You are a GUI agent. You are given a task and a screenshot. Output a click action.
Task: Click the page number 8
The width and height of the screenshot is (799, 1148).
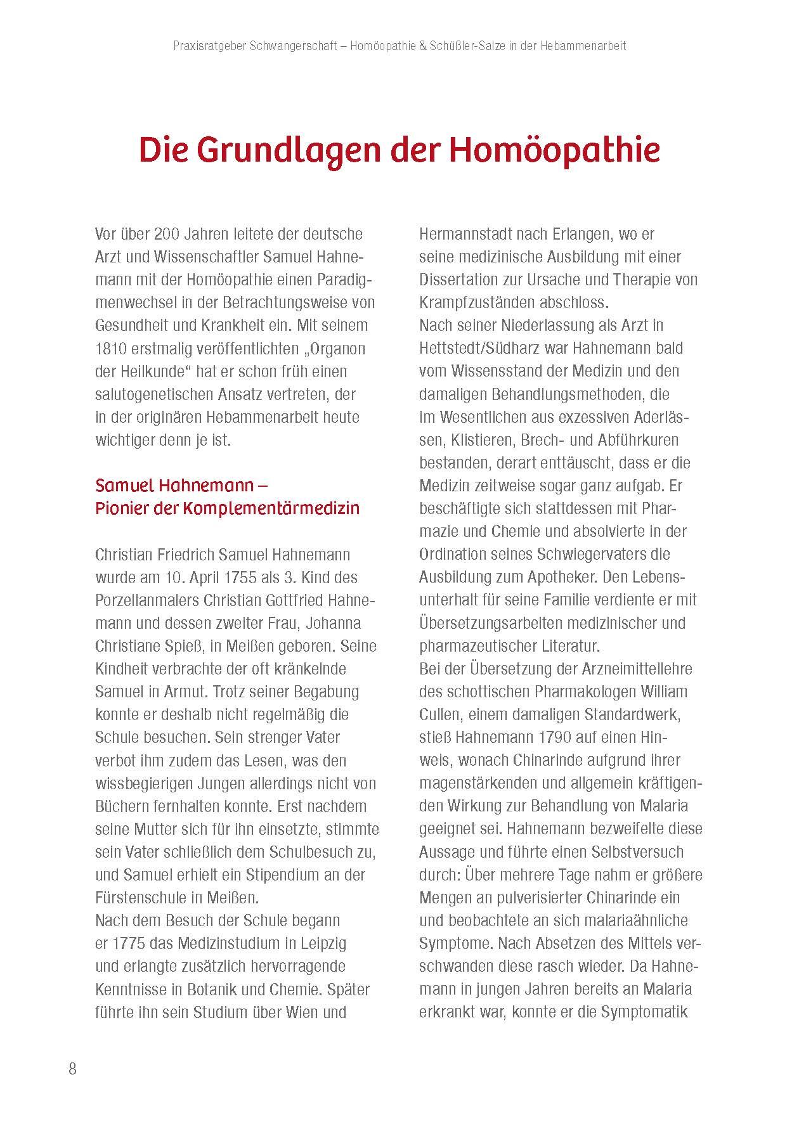click(x=72, y=1069)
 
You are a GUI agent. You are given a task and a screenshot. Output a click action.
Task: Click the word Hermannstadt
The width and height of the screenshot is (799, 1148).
click(x=465, y=234)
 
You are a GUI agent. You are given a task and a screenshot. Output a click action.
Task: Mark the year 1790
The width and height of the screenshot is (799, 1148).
click(x=573, y=737)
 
